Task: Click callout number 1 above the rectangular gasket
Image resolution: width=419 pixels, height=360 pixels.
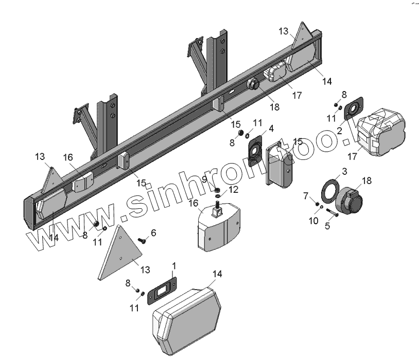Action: point(174,266)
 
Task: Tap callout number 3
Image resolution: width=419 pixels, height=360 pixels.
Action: point(344,171)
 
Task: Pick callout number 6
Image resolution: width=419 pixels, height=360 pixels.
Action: point(153,233)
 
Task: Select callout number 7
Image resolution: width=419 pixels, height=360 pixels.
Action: point(305,195)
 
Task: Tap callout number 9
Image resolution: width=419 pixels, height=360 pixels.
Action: point(204,178)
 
